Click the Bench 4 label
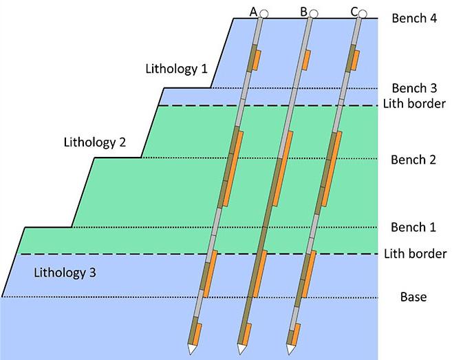413,19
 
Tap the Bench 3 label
413,87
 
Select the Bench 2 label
413,160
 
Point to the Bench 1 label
413,226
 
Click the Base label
413,297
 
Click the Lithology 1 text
176,69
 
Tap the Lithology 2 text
94,143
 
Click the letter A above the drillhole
254,11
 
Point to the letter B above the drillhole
303,11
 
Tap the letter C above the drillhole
354,11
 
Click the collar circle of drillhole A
263,13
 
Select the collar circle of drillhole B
313,13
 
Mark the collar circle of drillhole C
363,13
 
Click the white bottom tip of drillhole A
190,350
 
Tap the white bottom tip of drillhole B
240,350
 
